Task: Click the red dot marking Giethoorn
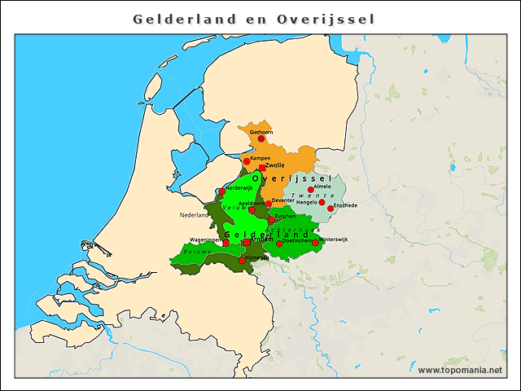[260, 138]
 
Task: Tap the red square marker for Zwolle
[262, 169]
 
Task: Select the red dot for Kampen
[247, 161]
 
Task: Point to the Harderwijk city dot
[221, 191]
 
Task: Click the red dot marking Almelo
[310, 189]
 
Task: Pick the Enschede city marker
[331, 208]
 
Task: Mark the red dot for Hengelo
[322, 202]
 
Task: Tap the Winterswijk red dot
[315, 242]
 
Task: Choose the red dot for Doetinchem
[279, 244]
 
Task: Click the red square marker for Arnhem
[247, 242]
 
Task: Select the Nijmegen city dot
[242, 261]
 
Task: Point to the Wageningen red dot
[225, 243]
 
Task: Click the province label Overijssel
[290, 178]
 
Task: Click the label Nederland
[195, 216]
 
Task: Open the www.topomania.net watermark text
[460, 370]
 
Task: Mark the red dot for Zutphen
[271, 220]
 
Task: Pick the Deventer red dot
[268, 204]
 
